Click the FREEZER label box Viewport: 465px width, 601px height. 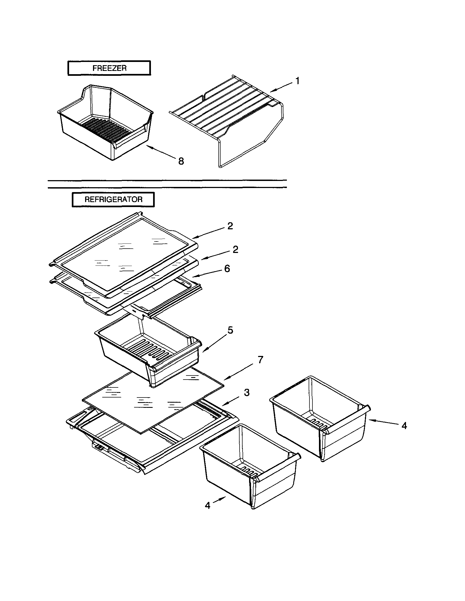coord(109,68)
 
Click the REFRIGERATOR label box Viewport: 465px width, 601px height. coord(113,199)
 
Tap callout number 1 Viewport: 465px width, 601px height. coord(297,81)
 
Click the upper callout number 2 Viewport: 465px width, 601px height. coord(230,226)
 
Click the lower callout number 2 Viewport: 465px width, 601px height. coord(235,250)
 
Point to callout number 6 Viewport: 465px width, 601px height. coord(227,269)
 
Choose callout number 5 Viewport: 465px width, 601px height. coord(230,330)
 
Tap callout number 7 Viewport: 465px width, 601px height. coord(260,359)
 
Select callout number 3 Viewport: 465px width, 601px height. coord(247,392)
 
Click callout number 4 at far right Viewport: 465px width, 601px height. coord(404,426)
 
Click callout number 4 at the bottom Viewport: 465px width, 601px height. coord(208,505)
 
